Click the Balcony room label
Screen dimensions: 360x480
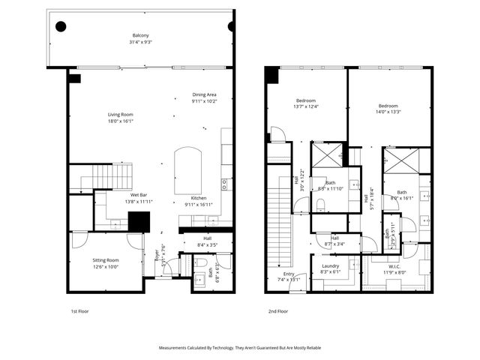pos(140,39)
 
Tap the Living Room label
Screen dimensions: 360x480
pos(120,118)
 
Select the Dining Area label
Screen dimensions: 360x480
pos(204,97)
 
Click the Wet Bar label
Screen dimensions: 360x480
pos(118,199)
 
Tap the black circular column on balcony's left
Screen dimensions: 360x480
pos(61,26)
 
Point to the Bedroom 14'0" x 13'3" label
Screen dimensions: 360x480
pos(388,109)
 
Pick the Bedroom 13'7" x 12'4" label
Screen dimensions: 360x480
pos(305,103)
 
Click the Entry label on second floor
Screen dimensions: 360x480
pos(289,276)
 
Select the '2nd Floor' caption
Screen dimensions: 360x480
pos(277,310)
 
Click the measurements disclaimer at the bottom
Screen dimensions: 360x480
pos(240,348)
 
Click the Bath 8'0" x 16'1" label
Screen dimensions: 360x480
pos(401,196)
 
